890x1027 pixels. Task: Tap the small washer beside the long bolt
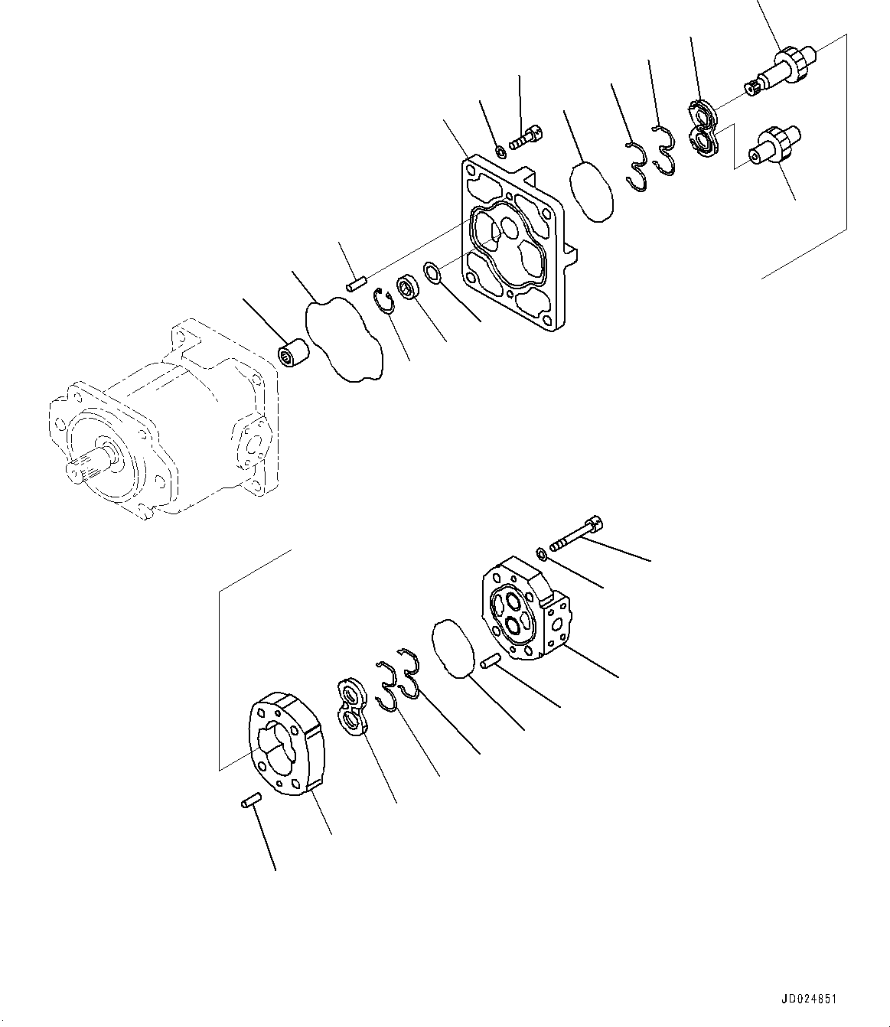(x=541, y=552)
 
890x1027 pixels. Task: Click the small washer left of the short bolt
(x=500, y=151)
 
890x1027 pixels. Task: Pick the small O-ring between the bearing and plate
(x=432, y=272)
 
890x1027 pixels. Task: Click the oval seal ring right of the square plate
(x=592, y=191)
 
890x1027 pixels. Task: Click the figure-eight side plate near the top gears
(x=703, y=127)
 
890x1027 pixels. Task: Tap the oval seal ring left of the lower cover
(x=453, y=648)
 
